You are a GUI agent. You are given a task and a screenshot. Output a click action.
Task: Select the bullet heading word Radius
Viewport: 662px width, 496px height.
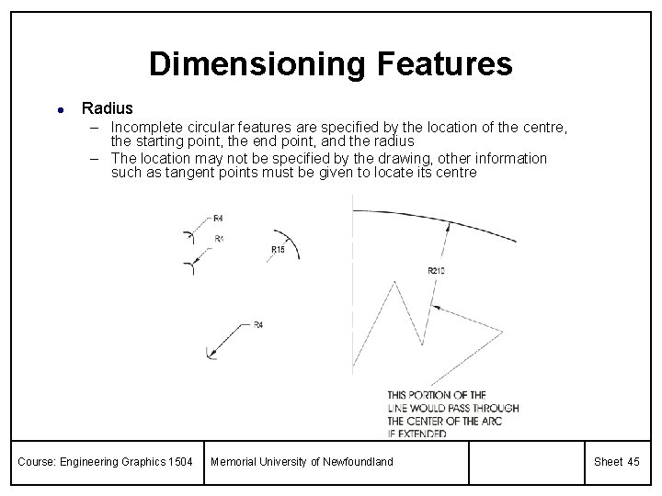pos(107,108)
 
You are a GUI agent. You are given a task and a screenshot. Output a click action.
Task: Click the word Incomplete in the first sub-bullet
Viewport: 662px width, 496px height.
pos(153,126)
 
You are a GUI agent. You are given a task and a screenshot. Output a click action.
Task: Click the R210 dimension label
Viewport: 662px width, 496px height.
pos(438,270)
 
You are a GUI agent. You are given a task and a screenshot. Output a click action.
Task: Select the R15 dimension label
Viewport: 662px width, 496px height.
pos(278,250)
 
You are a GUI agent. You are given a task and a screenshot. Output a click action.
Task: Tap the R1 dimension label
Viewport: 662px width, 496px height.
pos(219,239)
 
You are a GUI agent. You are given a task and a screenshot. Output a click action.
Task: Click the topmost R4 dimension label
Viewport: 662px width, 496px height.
pos(218,219)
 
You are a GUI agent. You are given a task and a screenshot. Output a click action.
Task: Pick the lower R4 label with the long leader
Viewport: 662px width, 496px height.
pos(258,325)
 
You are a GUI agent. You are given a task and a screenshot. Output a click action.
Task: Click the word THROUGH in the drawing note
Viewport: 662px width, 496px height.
pos(496,408)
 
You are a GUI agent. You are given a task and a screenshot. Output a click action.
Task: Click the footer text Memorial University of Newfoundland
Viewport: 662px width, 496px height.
pos(301,461)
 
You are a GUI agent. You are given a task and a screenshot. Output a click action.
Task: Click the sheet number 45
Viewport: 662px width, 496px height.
pos(633,461)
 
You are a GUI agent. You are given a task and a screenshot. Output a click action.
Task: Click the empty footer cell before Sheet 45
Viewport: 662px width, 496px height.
pos(525,461)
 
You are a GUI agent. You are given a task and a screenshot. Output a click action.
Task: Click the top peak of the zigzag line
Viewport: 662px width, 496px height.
pos(394,282)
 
